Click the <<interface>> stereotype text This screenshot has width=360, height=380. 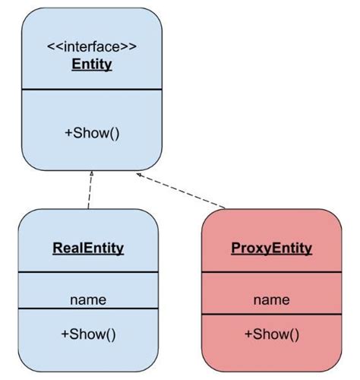click(x=92, y=46)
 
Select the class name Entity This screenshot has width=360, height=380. click(x=92, y=64)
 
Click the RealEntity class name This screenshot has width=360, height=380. click(x=88, y=248)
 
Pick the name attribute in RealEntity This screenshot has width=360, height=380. click(x=88, y=299)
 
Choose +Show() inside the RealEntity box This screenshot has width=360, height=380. click(x=88, y=334)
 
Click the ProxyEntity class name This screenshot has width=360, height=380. click(x=271, y=249)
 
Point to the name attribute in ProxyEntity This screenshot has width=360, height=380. click(x=271, y=299)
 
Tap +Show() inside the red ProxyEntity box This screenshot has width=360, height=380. click(x=271, y=334)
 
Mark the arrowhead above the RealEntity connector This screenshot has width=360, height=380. click(x=92, y=174)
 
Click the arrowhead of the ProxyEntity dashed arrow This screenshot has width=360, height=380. click(x=140, y=175)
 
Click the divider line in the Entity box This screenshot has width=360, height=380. click(x=92, y=90)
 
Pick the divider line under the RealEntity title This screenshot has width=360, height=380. click(x=88, y=272)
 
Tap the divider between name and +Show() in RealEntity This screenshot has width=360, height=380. click(x=88, y=309)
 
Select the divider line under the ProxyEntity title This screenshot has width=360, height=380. click(x=271, y=272)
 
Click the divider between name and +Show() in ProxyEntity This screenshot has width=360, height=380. click(x=271, y=309)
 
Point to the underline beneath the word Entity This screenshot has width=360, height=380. click(x=92, y=71)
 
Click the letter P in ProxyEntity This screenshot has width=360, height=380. click(x=235, y=249)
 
